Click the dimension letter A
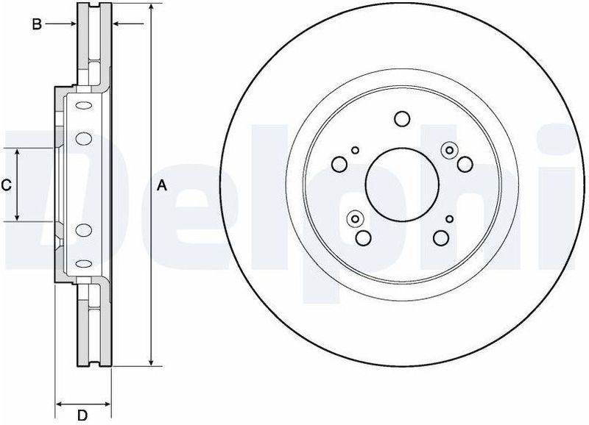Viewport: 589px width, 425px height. click(x=163, y=187)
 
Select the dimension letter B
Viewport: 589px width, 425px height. click(x=35, y=25)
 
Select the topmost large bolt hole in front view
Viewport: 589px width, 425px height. click(x=401, y=118)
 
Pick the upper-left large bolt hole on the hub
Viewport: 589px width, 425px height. click(x=341, y=163)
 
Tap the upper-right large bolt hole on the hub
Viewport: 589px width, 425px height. click(x=465, y=163)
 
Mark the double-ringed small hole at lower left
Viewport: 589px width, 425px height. click(x=355, y=218)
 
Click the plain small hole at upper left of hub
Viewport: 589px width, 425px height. click(x=355, y=150)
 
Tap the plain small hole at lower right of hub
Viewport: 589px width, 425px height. click(x=448, y=218)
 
